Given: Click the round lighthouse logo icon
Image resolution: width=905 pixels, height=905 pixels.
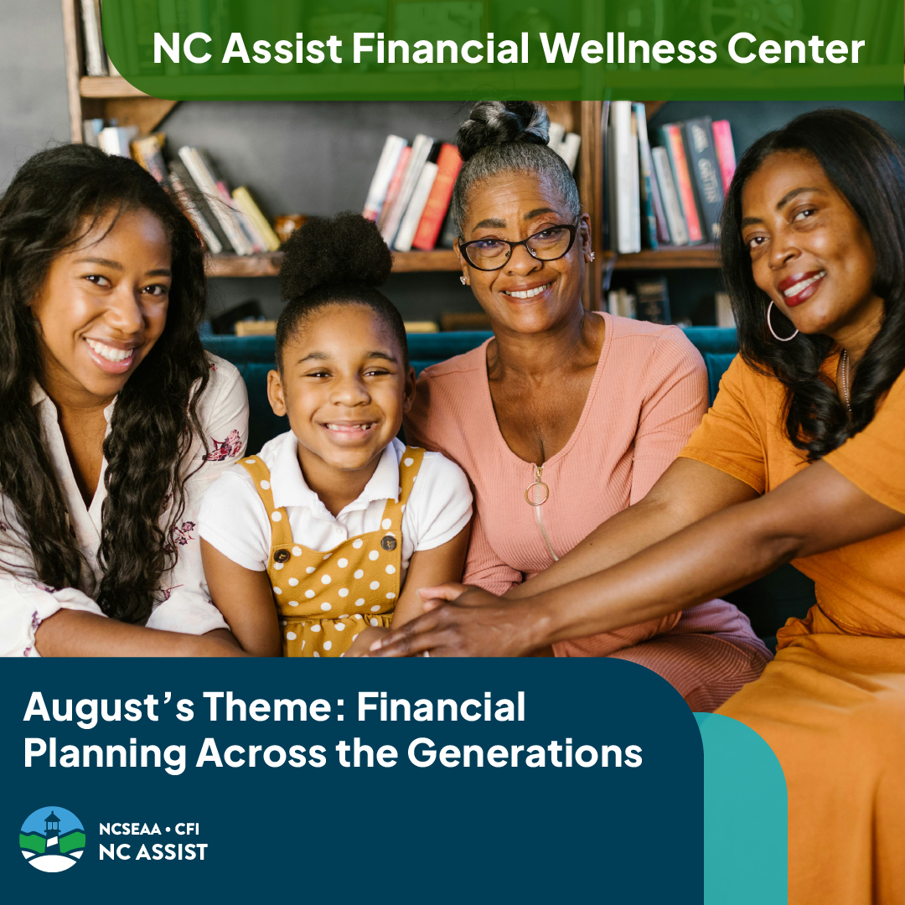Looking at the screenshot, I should [x=52, y=839].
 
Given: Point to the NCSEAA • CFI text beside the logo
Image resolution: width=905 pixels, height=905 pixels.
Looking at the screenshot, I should [x=149, y=830].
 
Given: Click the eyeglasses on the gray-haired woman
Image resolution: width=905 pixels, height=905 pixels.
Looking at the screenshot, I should [x=519, y=246].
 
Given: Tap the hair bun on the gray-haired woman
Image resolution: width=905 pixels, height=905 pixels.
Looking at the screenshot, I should [x=501, y=125].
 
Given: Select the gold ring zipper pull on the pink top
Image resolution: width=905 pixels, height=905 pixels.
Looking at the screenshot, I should [x=536, y=492].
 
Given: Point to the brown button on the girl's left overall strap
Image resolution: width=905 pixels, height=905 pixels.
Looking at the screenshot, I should [x=282, y=555].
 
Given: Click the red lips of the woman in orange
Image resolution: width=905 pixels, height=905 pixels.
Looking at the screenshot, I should [x=802, y=288].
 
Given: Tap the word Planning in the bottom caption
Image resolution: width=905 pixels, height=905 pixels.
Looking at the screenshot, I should [x=104, y=752].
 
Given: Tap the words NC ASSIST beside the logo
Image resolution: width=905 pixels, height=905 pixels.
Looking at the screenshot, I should [x=153, y=852].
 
